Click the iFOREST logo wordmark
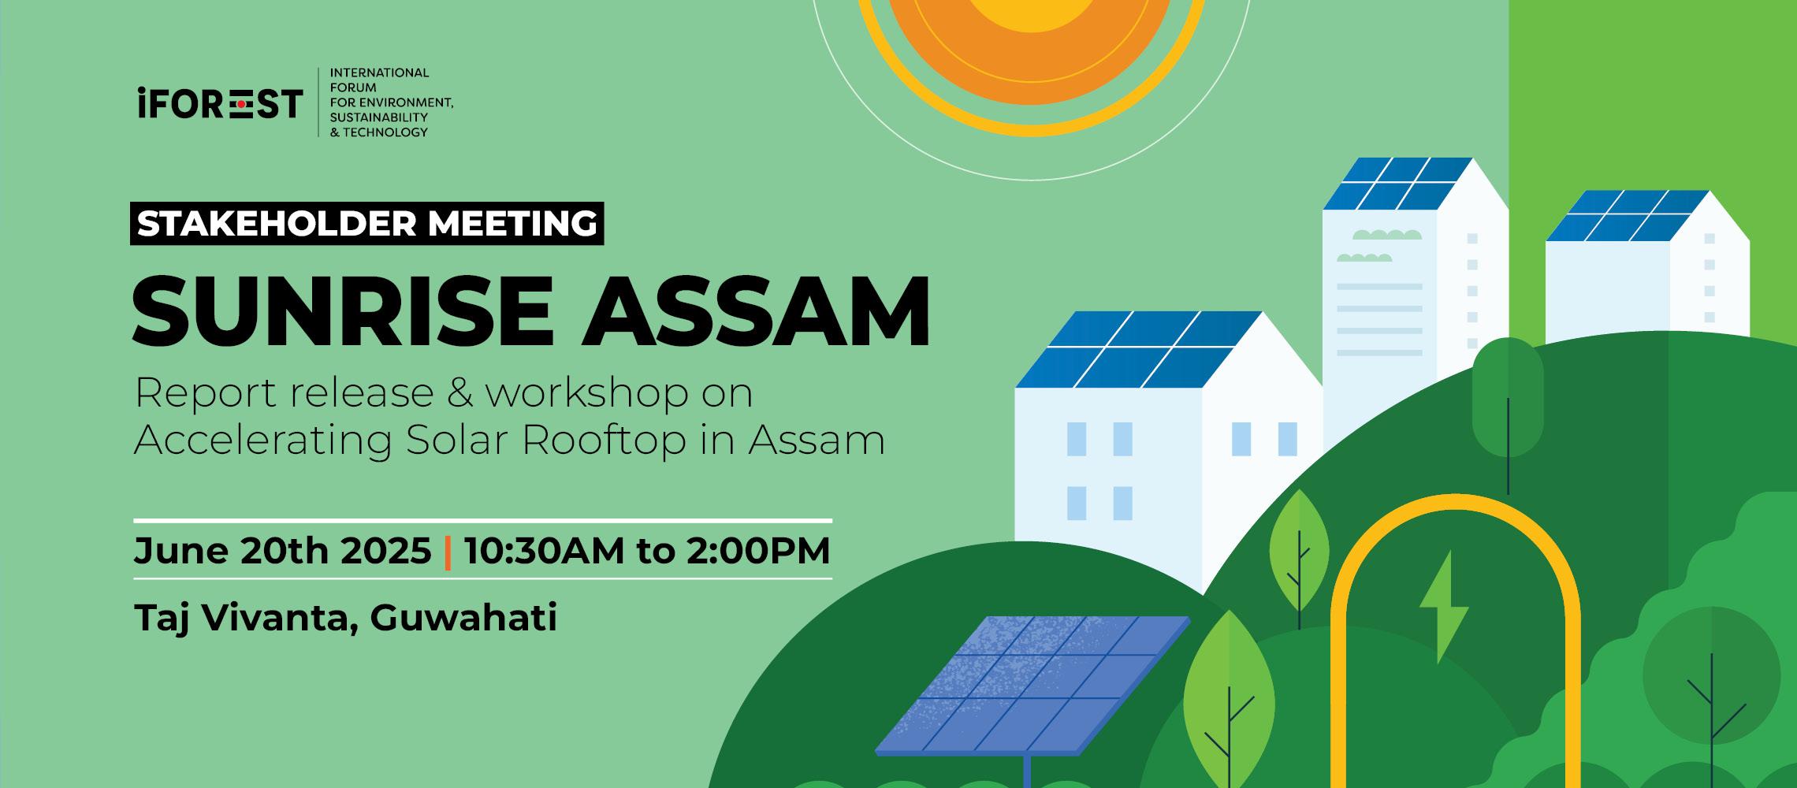[220, 103]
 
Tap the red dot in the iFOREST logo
[241, 104]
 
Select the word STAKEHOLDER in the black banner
[277, 224]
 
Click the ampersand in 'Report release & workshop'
[459, 392]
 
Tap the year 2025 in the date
[386, 550]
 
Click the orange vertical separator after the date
[448, 552]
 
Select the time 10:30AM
[545, 550]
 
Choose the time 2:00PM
[758, 550]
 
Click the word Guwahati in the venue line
[463, 617]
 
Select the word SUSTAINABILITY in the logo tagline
[378, 117]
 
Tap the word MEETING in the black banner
[513, 224]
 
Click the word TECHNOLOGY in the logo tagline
[385, 132]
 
